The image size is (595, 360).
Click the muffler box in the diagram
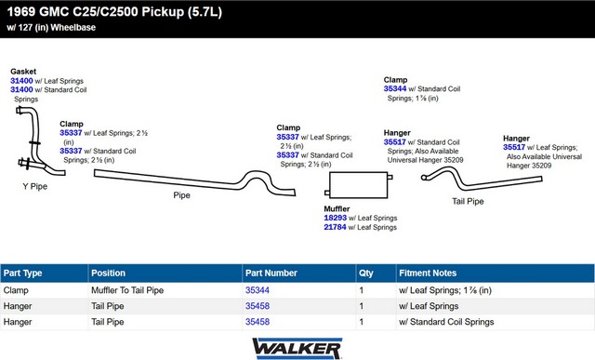(357, 185)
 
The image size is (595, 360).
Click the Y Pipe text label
(35, 186)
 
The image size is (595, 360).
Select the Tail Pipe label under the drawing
(468, 201)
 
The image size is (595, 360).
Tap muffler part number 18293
(335, 218)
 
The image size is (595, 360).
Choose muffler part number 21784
(335, 227)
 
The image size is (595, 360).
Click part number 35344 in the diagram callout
(395, 89)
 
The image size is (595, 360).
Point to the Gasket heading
(23, 72)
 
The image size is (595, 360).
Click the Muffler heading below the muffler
(337, 209)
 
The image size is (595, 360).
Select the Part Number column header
(271, 273)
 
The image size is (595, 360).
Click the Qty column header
(366, 273)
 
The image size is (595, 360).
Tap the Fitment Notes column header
(428, 273)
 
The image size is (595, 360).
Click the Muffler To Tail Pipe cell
(127, 290)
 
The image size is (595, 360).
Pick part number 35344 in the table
(258, 290)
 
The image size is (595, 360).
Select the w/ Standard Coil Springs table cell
(446, 322)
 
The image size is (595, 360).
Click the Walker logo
(297, 348)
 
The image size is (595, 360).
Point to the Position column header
(108, 273)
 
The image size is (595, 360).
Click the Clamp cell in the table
(16, 290)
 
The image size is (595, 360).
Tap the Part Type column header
(22, 273)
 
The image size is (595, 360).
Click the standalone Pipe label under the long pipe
(182, 195)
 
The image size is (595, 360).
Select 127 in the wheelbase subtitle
(25, 27)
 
